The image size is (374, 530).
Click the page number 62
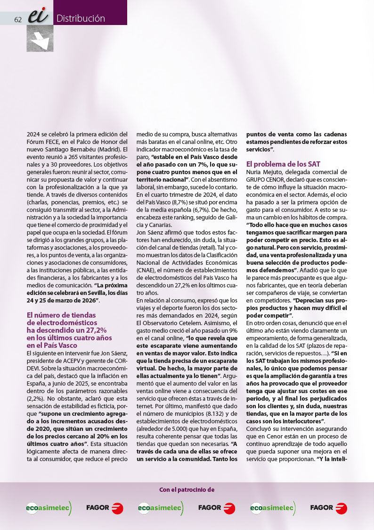click(x=18, y=19)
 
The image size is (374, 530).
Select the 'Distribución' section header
click(x=81, y=18)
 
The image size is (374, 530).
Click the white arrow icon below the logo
click(x=40, y=39)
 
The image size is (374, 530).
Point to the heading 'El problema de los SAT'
click(x=283, y=164)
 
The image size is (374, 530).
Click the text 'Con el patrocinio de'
click(x=187, y=489)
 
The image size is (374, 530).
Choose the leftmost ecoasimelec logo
click(x=49, y=508)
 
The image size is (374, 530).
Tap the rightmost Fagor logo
click(x=328, y=508)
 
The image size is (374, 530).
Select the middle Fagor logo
click(x=217, y=508)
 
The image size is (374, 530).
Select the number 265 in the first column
click(x=74, y=156)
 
